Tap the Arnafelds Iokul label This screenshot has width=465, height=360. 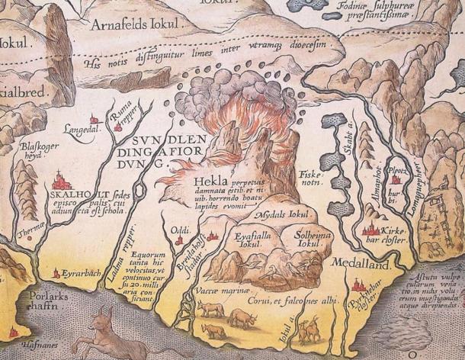(x=139, y=27)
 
